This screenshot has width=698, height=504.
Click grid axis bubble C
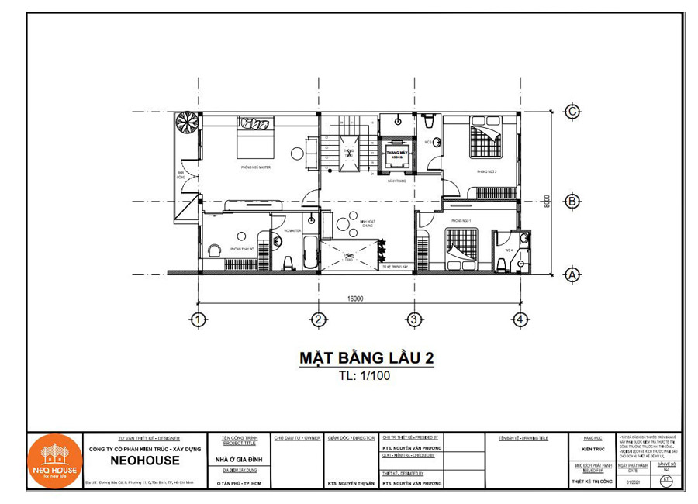tap(572, 112)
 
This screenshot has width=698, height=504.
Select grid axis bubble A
tap(572, 274)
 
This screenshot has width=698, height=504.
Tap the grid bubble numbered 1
tap(199, 319)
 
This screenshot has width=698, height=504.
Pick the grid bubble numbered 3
tap(414, 319)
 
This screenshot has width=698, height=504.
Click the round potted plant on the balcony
tap(187, 124)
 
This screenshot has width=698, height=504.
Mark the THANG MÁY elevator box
tap(396, 155)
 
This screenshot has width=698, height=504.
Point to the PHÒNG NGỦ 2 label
tap(486, 171)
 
